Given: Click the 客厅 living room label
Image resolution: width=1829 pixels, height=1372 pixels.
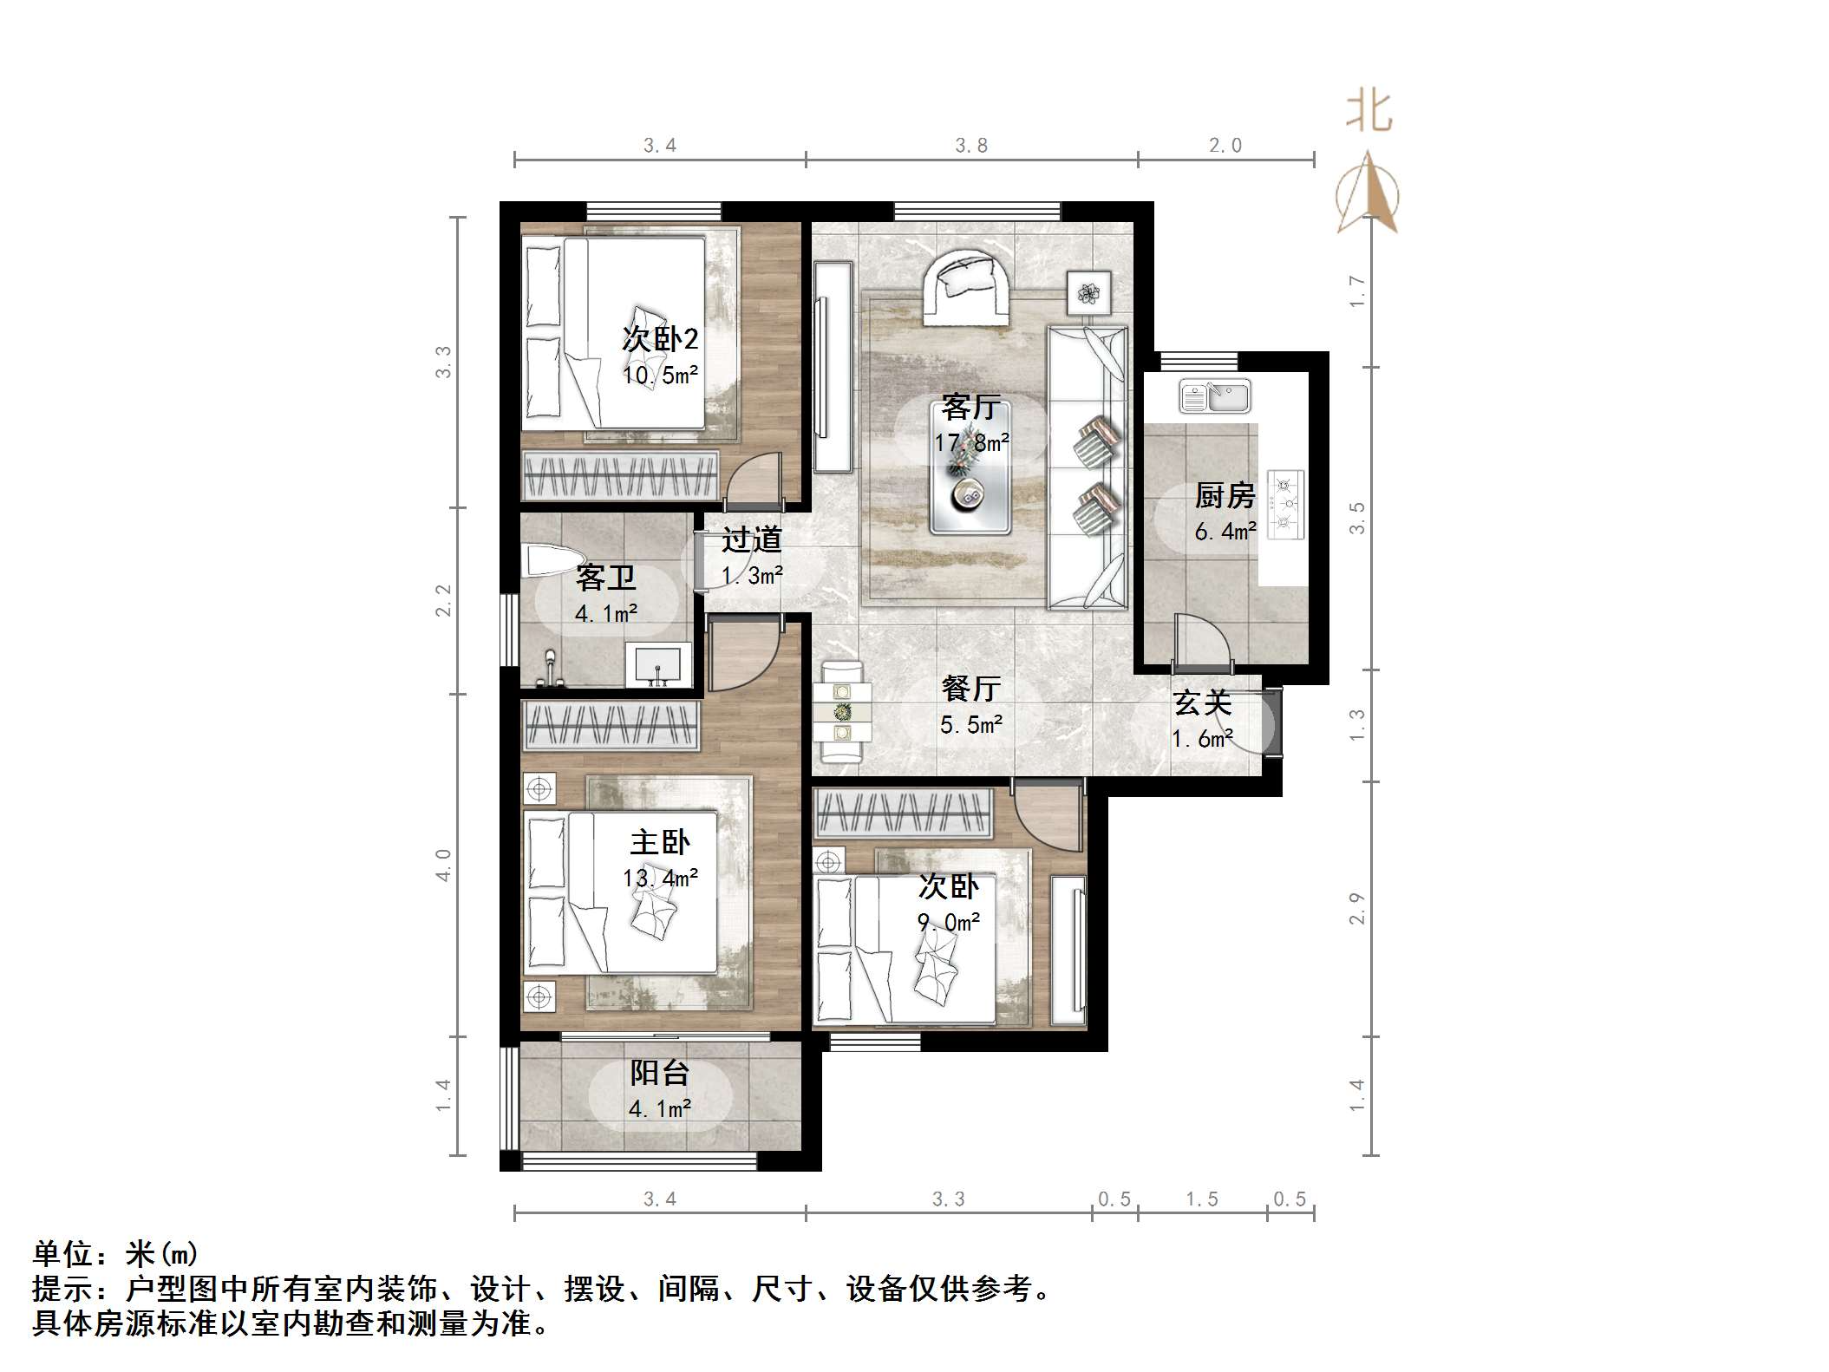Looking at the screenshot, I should pos(970,407).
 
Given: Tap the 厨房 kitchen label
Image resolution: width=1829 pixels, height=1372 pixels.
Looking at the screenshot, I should pos(1225,496).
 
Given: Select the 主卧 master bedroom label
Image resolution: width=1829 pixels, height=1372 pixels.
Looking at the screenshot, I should pos(660,842).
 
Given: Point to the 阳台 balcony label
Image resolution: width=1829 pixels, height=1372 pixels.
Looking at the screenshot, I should pos(659,1073).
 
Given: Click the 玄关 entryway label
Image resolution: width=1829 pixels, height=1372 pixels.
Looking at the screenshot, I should pos(1202,703).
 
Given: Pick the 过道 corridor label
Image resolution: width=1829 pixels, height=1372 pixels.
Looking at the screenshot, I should pos(752,539).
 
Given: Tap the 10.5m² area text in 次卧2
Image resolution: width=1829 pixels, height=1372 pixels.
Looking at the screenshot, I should pos(660,376).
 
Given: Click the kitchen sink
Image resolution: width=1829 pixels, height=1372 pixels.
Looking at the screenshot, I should pos(1214,396).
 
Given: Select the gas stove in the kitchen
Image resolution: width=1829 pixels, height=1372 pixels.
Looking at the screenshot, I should pos(1286,504).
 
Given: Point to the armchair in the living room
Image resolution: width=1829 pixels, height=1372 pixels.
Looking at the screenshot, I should pos(964,288).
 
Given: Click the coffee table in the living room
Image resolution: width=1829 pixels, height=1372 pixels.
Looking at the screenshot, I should pos(970,487).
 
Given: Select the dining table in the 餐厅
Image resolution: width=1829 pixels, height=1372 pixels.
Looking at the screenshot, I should pos(842,712).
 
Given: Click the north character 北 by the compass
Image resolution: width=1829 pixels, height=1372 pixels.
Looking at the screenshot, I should pos(1369,112).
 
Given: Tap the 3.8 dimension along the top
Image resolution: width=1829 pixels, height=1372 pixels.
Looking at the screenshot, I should pos(971,146).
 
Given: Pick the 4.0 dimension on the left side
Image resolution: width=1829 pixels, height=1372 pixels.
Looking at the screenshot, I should pos(444,865).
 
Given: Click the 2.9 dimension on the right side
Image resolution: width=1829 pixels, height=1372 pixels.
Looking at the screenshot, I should pos(1356,908).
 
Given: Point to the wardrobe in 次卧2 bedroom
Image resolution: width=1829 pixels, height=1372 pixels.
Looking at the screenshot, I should pos(621,475).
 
